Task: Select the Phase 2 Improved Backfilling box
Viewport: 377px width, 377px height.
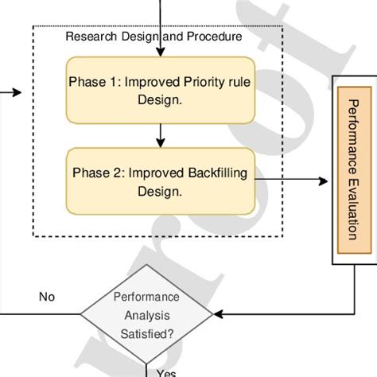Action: (161, 181)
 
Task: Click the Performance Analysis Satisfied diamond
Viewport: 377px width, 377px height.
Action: (146, 313)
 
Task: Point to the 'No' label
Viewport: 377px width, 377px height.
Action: (46, 297)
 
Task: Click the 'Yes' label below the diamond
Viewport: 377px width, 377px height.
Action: (166, 371)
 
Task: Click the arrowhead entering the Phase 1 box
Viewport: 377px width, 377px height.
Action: (161, 53)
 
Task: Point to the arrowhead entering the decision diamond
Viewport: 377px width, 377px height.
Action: (218, 313)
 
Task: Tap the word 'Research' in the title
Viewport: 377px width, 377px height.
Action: (87, 37)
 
